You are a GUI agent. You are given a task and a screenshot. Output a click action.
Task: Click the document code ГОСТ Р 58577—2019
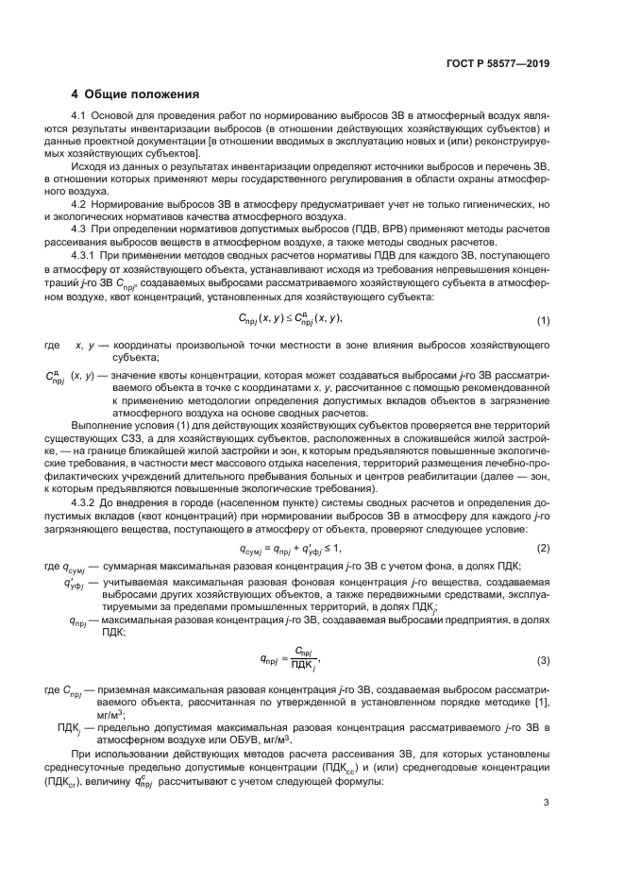pos(501,63)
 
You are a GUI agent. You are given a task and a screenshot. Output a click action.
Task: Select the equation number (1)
pos(543,320)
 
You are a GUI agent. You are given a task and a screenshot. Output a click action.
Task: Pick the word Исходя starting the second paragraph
pos(92,164)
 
